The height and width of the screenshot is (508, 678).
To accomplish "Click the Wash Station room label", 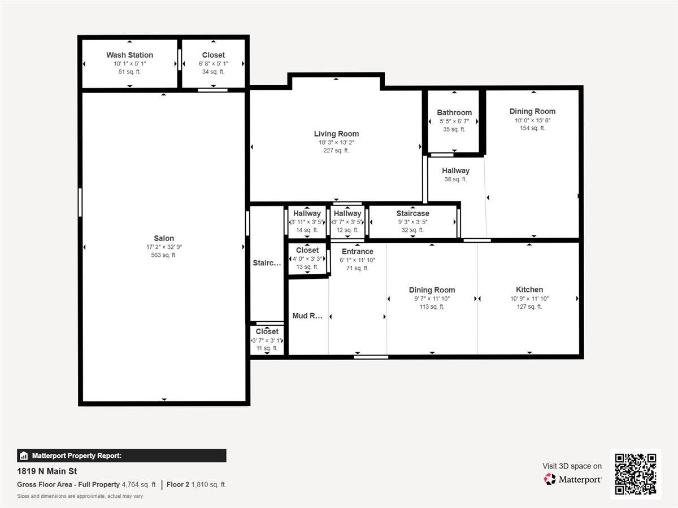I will click(129, 55).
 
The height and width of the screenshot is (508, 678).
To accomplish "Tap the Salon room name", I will click(164, 238).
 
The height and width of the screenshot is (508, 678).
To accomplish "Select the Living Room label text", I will click(336, 134).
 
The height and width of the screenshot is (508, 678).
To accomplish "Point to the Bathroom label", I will click(454, 112).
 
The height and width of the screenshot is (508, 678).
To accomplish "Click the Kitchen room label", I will click(529, 290).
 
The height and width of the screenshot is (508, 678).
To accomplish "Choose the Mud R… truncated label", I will click(307, 316).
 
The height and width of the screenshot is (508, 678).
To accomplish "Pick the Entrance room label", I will click(357, 251).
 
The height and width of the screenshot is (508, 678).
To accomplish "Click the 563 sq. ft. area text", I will click(164, 255).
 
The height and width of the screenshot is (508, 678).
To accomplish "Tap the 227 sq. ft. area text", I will click(336, 151).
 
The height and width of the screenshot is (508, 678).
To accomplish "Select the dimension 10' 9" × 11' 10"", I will click(529, 299).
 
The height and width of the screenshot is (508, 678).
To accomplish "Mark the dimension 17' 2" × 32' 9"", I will click(164, 247).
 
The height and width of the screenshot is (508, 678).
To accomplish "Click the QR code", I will click(635, 474).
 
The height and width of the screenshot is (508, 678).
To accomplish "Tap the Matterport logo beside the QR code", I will click(572, 479).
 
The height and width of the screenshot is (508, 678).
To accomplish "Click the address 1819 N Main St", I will click(47, 471).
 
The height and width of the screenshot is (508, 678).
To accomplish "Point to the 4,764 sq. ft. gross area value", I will click(140, 484).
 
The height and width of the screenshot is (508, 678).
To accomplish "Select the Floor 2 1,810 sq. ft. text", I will click(196, 484).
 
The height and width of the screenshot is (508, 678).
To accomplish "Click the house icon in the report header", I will click(24, 456).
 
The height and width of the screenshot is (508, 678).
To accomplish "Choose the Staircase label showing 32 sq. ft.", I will click(412, 213).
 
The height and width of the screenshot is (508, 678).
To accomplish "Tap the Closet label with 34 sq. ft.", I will click(213, 55).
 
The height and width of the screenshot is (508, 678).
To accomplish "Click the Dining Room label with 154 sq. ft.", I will click(532, 111).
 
